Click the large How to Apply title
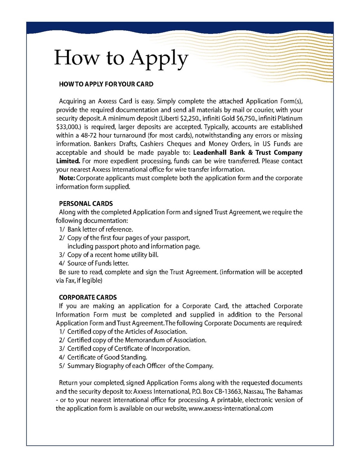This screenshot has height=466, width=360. [121, 58]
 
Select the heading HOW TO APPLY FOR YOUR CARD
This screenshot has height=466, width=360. [106, 84]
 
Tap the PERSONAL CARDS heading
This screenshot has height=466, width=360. [86, 203]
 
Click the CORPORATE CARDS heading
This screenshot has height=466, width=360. [87, 298]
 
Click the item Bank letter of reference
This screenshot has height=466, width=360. [100, 229]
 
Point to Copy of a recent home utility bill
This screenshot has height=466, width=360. [113, 255]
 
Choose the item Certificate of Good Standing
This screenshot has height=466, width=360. [107, 357]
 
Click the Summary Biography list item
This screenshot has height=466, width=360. [140, 366]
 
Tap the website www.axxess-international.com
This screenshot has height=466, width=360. [231, 408]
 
